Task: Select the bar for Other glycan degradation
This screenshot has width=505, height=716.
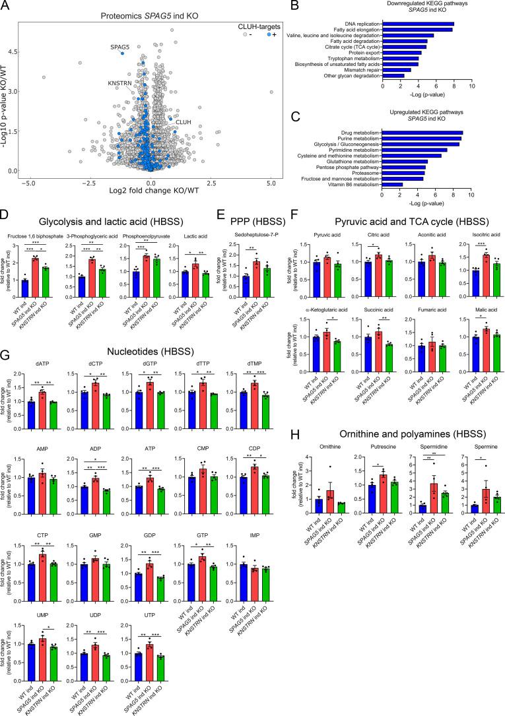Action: coord(394,76)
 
